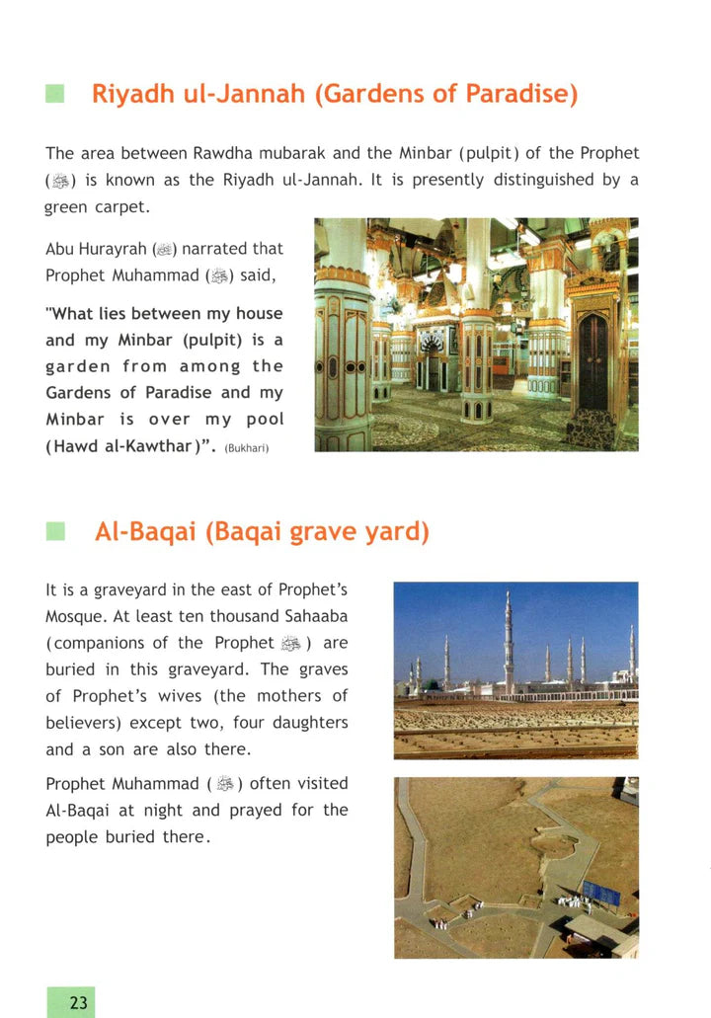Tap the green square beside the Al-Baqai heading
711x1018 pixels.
click(55, 532)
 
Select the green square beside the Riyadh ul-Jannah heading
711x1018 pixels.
click(55, 95)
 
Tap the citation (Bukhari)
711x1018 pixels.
click(246, 449)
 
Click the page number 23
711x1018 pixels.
click(79, 1003)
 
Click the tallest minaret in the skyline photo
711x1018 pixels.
click(508, 642)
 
